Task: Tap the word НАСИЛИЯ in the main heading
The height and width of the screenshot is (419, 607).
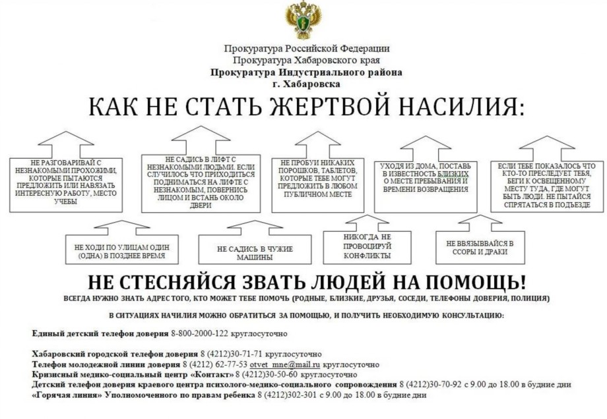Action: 461,106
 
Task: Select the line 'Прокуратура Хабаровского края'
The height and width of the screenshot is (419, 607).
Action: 306,61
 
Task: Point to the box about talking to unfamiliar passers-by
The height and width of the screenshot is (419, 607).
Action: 66,184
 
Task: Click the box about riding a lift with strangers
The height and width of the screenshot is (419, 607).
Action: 201,184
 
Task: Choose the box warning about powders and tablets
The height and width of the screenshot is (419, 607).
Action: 318,185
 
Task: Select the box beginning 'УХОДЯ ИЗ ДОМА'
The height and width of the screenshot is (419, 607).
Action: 426,187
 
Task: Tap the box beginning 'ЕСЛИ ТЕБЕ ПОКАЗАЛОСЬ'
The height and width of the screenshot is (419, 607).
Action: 547,186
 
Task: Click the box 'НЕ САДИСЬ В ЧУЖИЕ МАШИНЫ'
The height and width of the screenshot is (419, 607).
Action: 255,249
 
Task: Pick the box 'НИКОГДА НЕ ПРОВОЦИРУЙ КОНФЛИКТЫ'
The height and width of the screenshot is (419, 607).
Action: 367,247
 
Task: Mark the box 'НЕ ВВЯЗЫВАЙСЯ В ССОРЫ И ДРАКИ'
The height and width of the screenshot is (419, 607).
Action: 480,247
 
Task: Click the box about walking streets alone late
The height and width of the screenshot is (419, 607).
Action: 122,249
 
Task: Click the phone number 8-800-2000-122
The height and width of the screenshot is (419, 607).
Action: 199,333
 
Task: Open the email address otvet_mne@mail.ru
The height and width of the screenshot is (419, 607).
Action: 285,364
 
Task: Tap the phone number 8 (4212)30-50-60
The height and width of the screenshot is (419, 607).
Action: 267,375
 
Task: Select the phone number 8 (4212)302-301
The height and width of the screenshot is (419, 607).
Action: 286,395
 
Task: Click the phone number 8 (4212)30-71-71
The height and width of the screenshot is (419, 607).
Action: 231,354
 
